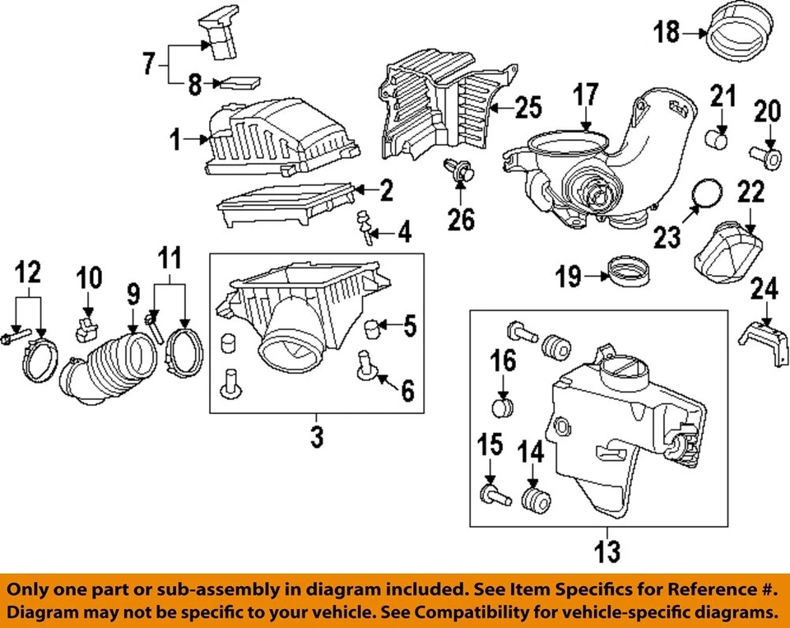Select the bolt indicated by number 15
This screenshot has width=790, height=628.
[x=490, y=495]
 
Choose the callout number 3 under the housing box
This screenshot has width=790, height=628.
[x=317, y=436]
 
